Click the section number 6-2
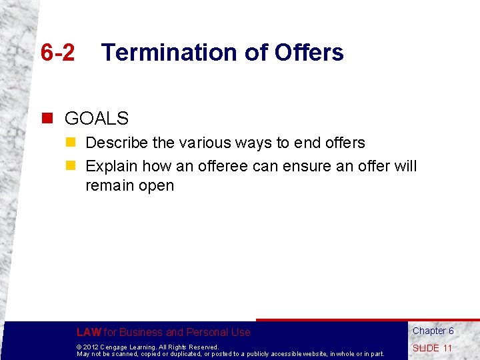(57, 52)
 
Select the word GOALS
(96, 119)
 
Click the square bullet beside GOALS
(47, 119)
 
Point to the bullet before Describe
(73, 143)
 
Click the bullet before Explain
(73, 165)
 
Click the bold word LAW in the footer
(89, 332)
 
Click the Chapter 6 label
(433, 331)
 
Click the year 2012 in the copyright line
(90, 347)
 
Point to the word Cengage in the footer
(115, 347)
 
